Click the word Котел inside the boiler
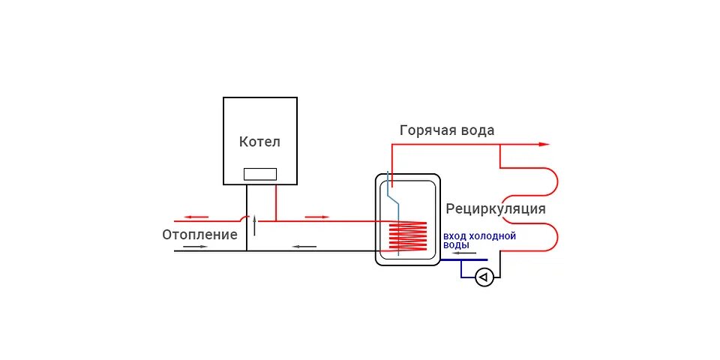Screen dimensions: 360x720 click(259, 142)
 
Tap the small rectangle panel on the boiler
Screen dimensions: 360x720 click(259, 174)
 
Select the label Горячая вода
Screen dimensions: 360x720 click(447, 130)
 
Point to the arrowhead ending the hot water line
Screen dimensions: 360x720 click(545, 144)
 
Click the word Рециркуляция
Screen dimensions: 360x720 click(495, 208)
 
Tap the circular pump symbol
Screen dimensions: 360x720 click(484, 278)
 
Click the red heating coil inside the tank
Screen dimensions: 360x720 click(407, 237)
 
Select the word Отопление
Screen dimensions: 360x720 click(199, 235)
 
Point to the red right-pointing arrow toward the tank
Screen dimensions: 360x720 click(317, 217)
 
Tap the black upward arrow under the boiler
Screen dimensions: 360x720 click(254, 224)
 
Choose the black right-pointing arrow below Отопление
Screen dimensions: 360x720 click(193, 247)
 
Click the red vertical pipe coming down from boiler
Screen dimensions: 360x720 click(275, 202)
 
